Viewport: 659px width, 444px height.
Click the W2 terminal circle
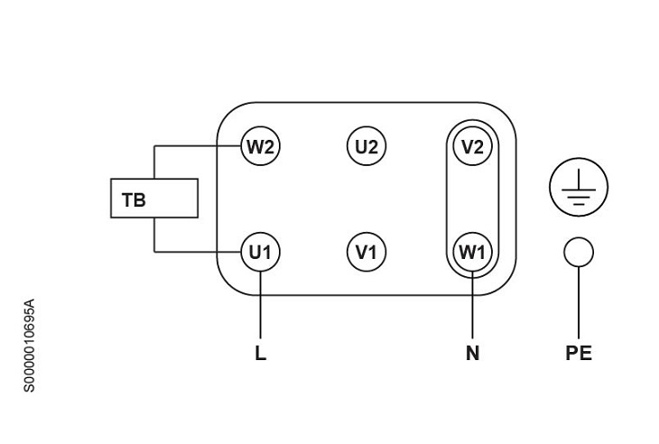click(x=260, y=146)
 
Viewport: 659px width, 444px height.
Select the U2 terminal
click(x=366, y=146)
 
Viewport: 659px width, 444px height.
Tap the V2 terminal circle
click(x=472, y=146)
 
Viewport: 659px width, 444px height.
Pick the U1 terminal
click(x=260, y=252)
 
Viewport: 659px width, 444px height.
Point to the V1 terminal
click(x=366, y=252)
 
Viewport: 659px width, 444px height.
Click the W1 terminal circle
click(x=472, y=252)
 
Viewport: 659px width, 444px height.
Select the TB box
click(x=153, y=199)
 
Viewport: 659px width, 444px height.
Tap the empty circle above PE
click(x=579, y=252)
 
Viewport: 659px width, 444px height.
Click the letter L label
click(x=260, y=354)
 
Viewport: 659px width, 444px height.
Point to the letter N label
click(x=472, y=354)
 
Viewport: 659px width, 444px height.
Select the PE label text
click(x=579, y=354)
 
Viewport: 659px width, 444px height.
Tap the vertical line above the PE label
click(x=579, y=302)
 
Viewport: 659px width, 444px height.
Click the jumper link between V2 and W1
click(x=472, y=199)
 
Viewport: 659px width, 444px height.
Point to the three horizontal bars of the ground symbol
click(x=579, y=198)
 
